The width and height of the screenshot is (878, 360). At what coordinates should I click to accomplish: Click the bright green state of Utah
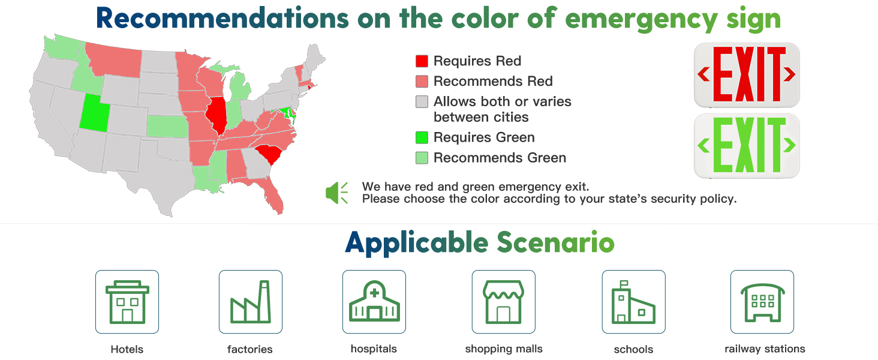click(x=94, y=114)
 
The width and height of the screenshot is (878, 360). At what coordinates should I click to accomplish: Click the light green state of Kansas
click(x=168, y=126)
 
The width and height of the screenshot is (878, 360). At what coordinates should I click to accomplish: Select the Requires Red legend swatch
click(x=422, y=61)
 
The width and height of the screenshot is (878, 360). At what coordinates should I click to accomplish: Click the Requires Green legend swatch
click(x=422, y=137)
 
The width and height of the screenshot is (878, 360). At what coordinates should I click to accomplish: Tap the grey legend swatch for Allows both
click(x=422, y=101)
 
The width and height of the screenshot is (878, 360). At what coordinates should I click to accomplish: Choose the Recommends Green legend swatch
click(x=422, y=158)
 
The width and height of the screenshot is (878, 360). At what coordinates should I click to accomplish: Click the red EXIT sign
click(x=747, y=75)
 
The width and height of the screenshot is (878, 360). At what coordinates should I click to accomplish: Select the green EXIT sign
click(x=747, y=146)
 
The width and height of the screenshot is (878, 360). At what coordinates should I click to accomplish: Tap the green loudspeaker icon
click(x=336, y=193)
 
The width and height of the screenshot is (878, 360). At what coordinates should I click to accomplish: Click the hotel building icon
click(x=127, y=302)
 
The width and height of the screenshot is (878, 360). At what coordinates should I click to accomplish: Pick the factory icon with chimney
click(x=251, y=302)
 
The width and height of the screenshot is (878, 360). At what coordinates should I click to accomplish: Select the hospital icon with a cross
click(x=374, y=302)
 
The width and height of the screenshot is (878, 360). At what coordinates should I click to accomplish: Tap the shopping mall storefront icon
click(x=504, y=302)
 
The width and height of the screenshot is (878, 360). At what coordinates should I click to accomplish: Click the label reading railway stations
click(x=765, y=349)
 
